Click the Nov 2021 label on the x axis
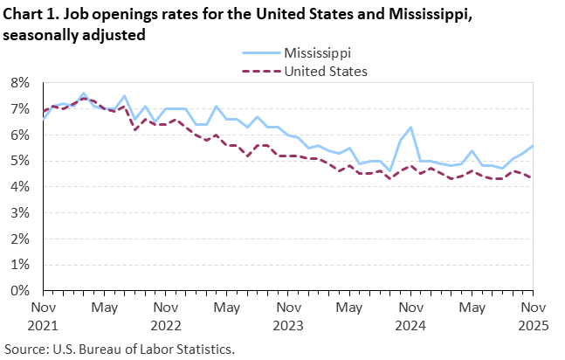pos(44,315)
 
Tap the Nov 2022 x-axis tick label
pos(165,315)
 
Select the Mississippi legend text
pos(316,53)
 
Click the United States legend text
pos(326,71)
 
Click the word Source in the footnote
pos(26,349)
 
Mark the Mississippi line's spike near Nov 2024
pos(410,128)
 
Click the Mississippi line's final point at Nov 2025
pos(531,146)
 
